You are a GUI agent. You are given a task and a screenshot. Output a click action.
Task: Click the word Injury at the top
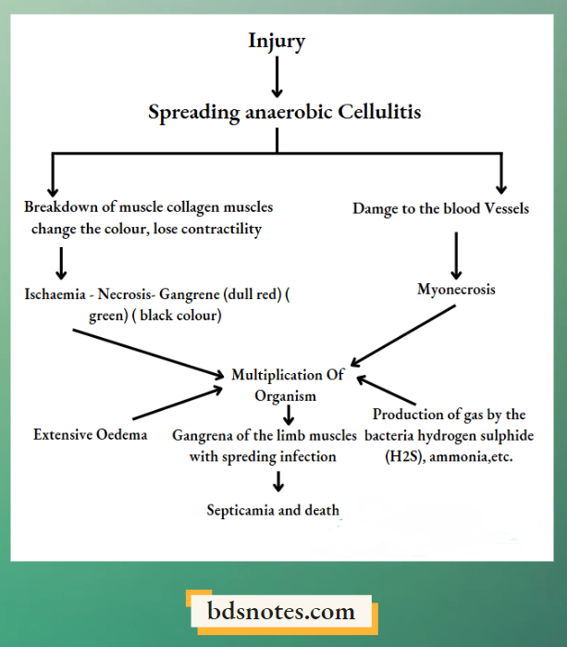[277, 41]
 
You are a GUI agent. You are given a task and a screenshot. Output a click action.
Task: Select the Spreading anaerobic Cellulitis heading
[285, 112]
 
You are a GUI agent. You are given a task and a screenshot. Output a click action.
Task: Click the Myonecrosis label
[456, 290]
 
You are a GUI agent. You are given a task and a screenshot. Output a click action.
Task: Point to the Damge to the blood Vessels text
[440, 209]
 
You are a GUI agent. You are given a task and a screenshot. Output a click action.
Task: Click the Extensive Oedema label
[91, 434]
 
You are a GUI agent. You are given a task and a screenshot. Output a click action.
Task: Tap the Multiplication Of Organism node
[287, 385]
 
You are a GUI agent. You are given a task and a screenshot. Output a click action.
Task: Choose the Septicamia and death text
[273, 510]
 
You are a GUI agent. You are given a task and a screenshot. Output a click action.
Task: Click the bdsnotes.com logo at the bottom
[282, 611]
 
